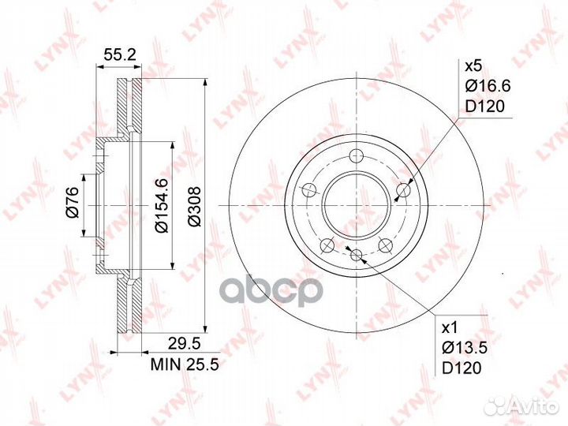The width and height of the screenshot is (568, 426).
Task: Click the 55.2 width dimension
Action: coord(120,55)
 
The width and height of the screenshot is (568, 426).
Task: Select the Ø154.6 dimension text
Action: coord(161,205)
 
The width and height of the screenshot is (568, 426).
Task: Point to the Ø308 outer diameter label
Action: coord(194,207)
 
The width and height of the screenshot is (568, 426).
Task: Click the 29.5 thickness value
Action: coord(183,343)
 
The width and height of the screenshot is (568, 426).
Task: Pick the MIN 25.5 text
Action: coord(185,364)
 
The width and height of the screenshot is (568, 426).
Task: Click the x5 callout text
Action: coord(473,66)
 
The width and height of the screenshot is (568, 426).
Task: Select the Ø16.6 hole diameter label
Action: coord(488,86)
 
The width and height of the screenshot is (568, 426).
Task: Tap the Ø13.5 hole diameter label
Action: coord(465,349)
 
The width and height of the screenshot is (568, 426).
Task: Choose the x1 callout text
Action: coord(450,328)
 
